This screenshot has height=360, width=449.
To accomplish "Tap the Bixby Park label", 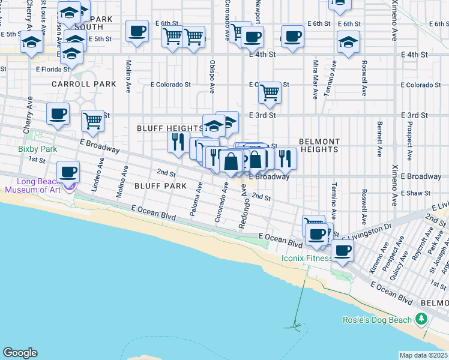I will point(31,149).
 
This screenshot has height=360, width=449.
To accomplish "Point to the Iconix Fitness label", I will point(307,258).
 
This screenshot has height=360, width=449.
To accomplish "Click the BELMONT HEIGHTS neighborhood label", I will point(319,145).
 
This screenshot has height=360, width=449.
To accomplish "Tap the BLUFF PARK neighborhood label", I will point(161,186).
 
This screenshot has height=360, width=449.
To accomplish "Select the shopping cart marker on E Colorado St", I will point(270,93).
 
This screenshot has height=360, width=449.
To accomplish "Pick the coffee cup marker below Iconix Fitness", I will point(343,251).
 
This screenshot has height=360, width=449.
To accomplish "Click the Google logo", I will point(20,353).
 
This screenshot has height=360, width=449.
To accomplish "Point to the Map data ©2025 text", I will point(424,355).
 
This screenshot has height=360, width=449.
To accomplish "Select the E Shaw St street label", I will point(417,193).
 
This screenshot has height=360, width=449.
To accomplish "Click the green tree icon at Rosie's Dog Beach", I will point(422,317).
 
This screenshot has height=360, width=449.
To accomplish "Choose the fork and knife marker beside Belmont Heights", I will point(286,158).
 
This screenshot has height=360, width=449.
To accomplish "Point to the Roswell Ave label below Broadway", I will point(364,198).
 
